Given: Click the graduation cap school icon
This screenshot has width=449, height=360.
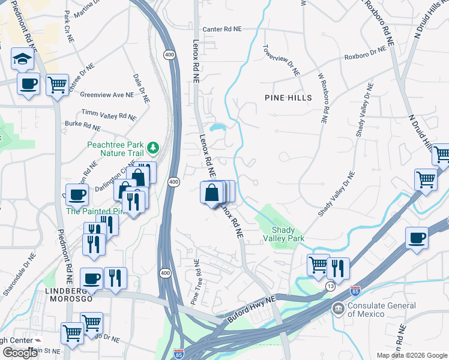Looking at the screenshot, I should [22, 59].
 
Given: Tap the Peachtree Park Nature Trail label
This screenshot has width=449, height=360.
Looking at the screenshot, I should [116, 149].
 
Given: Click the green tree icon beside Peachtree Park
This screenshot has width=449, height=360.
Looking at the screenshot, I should [154, 147].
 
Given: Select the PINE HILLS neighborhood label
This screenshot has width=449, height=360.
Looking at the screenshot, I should [288, 98].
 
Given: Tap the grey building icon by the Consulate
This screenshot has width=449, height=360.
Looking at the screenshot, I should [339, 308].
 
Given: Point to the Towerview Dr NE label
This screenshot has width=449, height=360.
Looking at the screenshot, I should [281, 60].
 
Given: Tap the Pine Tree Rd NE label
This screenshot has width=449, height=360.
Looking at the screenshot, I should [195, 283].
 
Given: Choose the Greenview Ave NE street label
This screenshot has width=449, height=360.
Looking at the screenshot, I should [106, 95].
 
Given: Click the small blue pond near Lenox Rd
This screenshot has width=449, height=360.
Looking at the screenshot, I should [217, 127].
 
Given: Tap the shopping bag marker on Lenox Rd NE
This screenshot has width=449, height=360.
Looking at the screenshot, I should [212, 193].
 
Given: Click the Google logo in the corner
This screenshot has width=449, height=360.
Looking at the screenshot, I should [20, 353].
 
